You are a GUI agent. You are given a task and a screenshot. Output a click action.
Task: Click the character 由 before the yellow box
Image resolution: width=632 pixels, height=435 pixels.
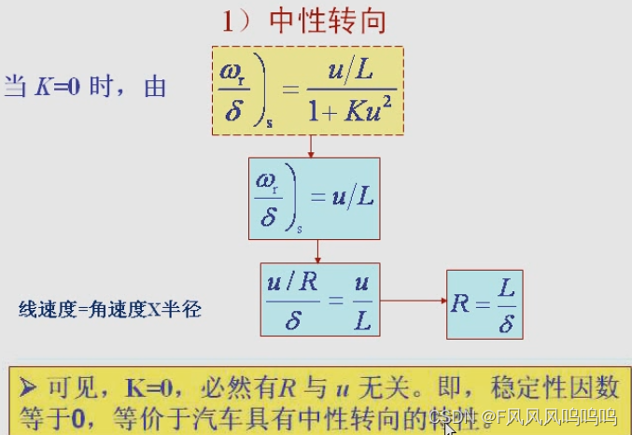pos(155,88)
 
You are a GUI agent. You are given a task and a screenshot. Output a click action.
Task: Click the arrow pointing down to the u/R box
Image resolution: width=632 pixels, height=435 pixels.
pos(318,251)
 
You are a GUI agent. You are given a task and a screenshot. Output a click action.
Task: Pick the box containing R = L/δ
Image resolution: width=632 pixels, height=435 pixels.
pos(484,303)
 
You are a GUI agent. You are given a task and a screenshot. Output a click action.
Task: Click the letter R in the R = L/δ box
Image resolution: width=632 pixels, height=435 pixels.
pos(460,303)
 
